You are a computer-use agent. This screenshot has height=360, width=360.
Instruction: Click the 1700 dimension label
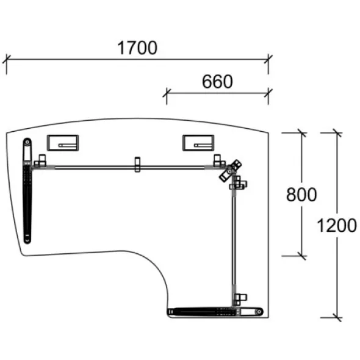pyautogui.click(x=137, y=48)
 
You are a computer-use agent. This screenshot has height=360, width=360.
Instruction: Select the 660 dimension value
pyautogui.click(x=217, y=82)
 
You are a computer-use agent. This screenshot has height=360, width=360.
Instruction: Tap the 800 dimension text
pyautogui.click(x=301, y=195)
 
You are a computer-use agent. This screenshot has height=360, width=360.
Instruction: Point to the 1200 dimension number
pyautogui.click(x=337, y=226)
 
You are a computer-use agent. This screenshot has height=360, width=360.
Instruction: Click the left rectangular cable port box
pyautogui.click(x=63, y=143)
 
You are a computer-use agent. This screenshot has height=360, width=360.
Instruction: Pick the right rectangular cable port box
pyautogui.click(x=198, y=143)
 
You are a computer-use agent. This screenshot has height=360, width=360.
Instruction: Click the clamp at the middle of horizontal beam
pyautogui.click(x=137, y=164)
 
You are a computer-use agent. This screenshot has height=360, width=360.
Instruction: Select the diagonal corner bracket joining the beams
pyautogui.click(x=230, y=171)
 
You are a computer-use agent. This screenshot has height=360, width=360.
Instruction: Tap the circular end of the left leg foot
pyautogui.click(x=27, y=142)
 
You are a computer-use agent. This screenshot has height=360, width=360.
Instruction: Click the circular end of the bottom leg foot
pyautogui.click(x=259, y=312)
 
